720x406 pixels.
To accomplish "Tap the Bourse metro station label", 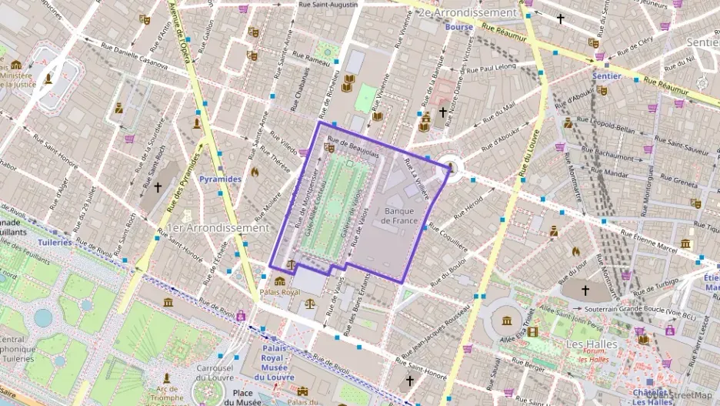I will [x=458, y=27].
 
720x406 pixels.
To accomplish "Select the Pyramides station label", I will [x=220, y=179].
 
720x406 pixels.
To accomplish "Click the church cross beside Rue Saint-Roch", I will [x=158, y=186].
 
